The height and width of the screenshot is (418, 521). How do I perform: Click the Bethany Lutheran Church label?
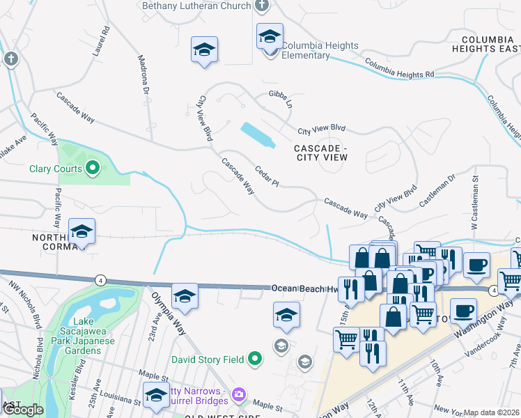(x=196, y=6)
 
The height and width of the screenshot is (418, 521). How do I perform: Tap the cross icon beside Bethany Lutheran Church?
(x=262, y=6)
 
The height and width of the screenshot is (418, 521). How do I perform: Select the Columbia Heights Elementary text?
(x=320, y=50)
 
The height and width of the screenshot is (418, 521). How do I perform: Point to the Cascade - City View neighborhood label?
(x=320, y=153)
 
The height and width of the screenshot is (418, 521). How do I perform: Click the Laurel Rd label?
(x=106, y=40)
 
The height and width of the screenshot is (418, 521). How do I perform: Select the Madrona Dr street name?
(x=143, y=75)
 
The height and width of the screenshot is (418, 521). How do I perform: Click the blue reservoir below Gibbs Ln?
(x=257, y=135)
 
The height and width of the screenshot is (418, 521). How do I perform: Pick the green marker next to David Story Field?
(x=255, y=359)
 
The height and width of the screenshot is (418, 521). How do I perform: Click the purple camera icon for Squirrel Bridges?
(x=239, y=395)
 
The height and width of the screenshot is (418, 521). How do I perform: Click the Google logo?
(x=23, y=410)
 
